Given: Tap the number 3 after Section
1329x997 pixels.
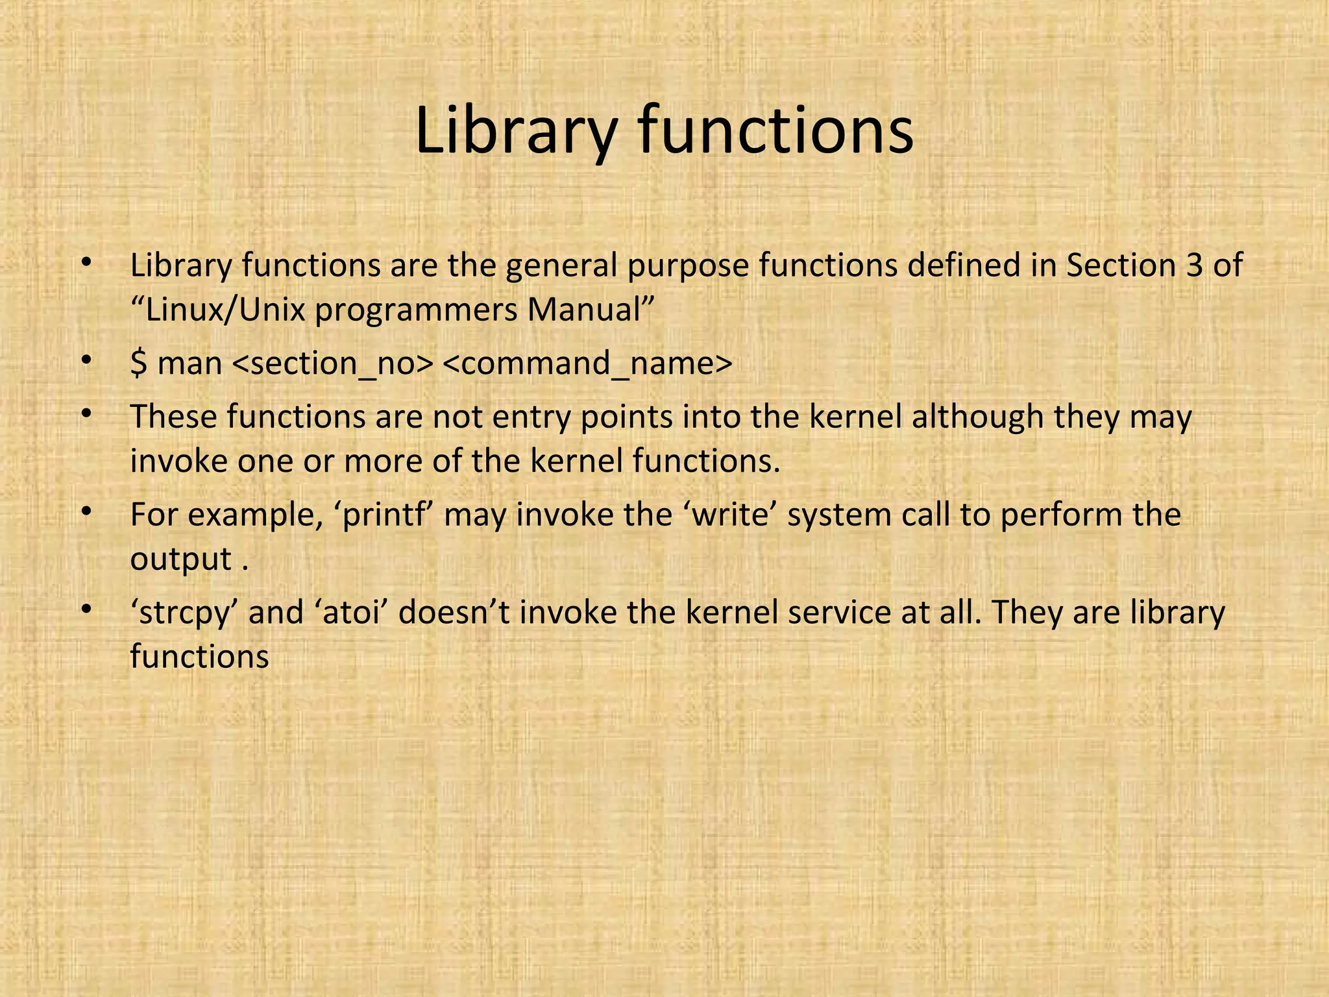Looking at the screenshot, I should pos(1195,265).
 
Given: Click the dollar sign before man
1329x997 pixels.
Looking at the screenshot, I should pos(138,363).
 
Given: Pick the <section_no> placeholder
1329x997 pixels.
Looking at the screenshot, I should pos(332,363).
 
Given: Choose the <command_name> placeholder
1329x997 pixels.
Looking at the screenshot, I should pos(587,363).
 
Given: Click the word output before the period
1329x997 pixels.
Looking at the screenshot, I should pos(181,560).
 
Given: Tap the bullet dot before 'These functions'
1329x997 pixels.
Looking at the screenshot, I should pos(85,414).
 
